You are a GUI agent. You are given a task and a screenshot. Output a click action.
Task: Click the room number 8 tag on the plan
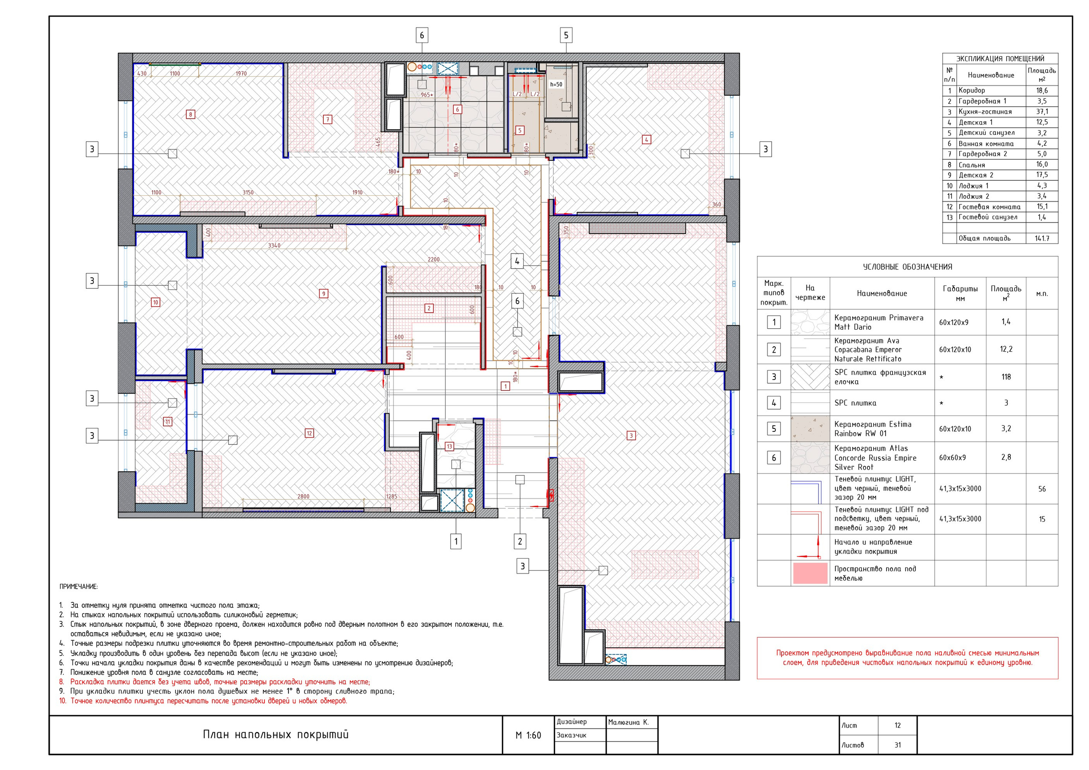190,114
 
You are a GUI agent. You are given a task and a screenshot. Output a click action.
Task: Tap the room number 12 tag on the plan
309,433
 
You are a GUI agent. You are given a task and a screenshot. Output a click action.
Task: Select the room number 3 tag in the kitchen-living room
631,436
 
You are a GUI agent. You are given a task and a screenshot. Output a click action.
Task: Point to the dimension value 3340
274,246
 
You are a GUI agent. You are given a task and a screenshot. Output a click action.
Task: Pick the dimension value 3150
248,193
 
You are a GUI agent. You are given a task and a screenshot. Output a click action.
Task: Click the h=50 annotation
556,85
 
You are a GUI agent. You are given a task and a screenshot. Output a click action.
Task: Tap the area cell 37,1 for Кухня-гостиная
1042,112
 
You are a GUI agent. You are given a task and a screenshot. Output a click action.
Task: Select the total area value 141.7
1042,239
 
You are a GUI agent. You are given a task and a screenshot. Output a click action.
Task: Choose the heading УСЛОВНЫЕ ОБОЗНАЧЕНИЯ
907,267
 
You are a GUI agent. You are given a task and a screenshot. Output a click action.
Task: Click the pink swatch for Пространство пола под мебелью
810,573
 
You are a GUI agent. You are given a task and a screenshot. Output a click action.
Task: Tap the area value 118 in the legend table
1006,377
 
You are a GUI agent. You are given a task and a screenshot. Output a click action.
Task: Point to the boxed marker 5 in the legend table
774,429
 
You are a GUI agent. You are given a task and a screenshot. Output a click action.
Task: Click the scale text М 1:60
528,736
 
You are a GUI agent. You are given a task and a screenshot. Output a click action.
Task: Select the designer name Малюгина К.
628,722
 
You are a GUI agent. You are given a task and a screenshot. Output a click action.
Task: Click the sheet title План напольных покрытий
276,734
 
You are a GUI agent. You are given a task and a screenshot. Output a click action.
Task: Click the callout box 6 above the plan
422,36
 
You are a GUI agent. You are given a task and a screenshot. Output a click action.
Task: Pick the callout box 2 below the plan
520,541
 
